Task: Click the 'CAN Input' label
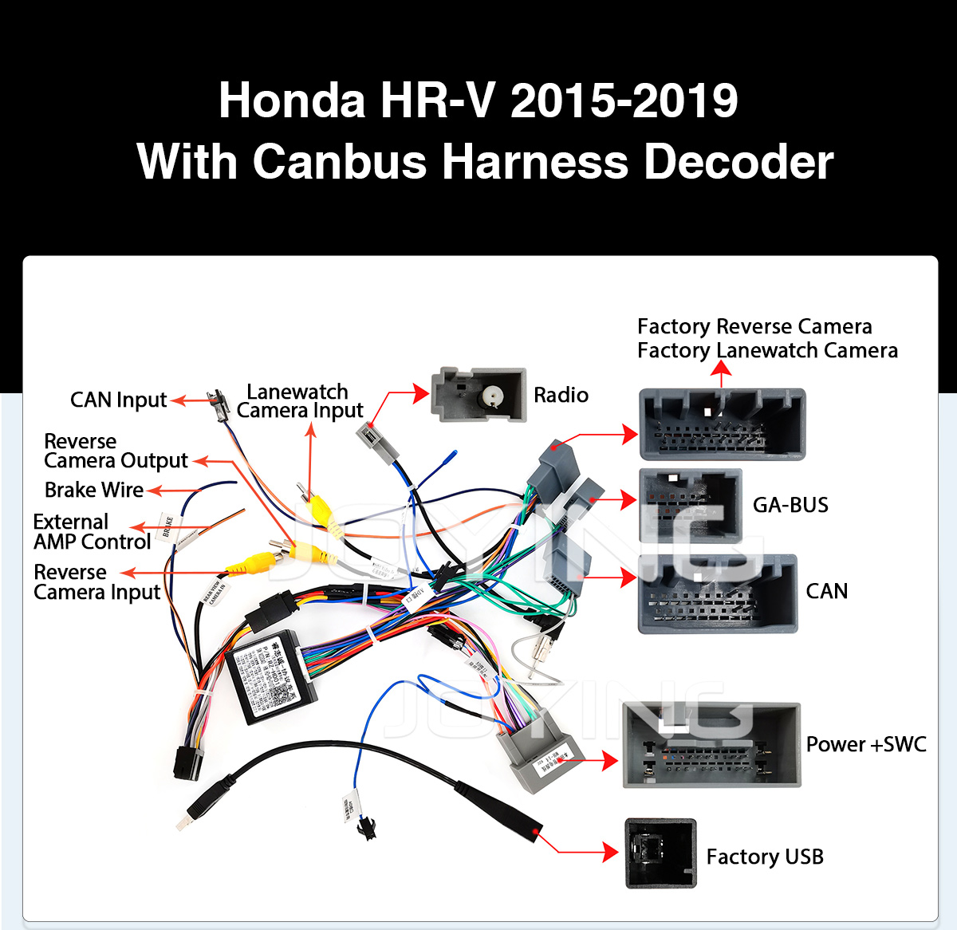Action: click(x=118, y=400)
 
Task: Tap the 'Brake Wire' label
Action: click(x=94, y=490)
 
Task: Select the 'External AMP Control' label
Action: click(x=92, y=532)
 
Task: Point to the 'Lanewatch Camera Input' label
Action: click(x=299, y=401)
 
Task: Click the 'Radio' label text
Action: click(x=561, y=395)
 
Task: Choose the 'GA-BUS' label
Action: click(x=790, y=505)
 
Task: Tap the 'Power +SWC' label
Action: click(x=865, y=744)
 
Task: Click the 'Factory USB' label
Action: click(x=764, y=857)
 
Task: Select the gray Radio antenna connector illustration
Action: click(x=478, y=394)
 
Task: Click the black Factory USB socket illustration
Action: click(x=660, y=853)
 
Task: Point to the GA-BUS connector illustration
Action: click(x=691, y=505)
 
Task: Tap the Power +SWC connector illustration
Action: click(x=711, y=745)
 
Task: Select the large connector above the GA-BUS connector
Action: click(x=722, y=424)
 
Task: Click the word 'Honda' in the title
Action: click(x=292, y=100)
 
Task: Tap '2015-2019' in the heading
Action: click(x=624, y=100)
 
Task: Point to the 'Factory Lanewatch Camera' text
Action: click(x=767, y=350)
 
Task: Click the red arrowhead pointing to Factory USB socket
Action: click(x=610, y=853)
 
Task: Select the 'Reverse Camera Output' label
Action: click(x=116, y=451)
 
